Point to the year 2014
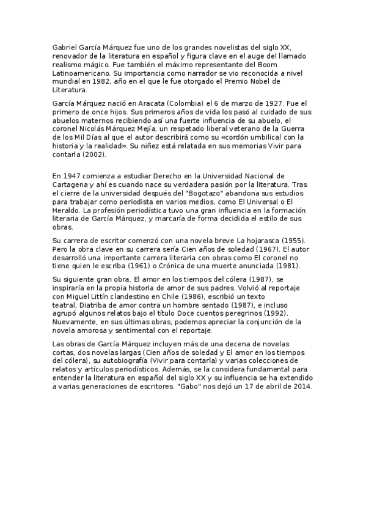pyautogui.click(x=302, y=387)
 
